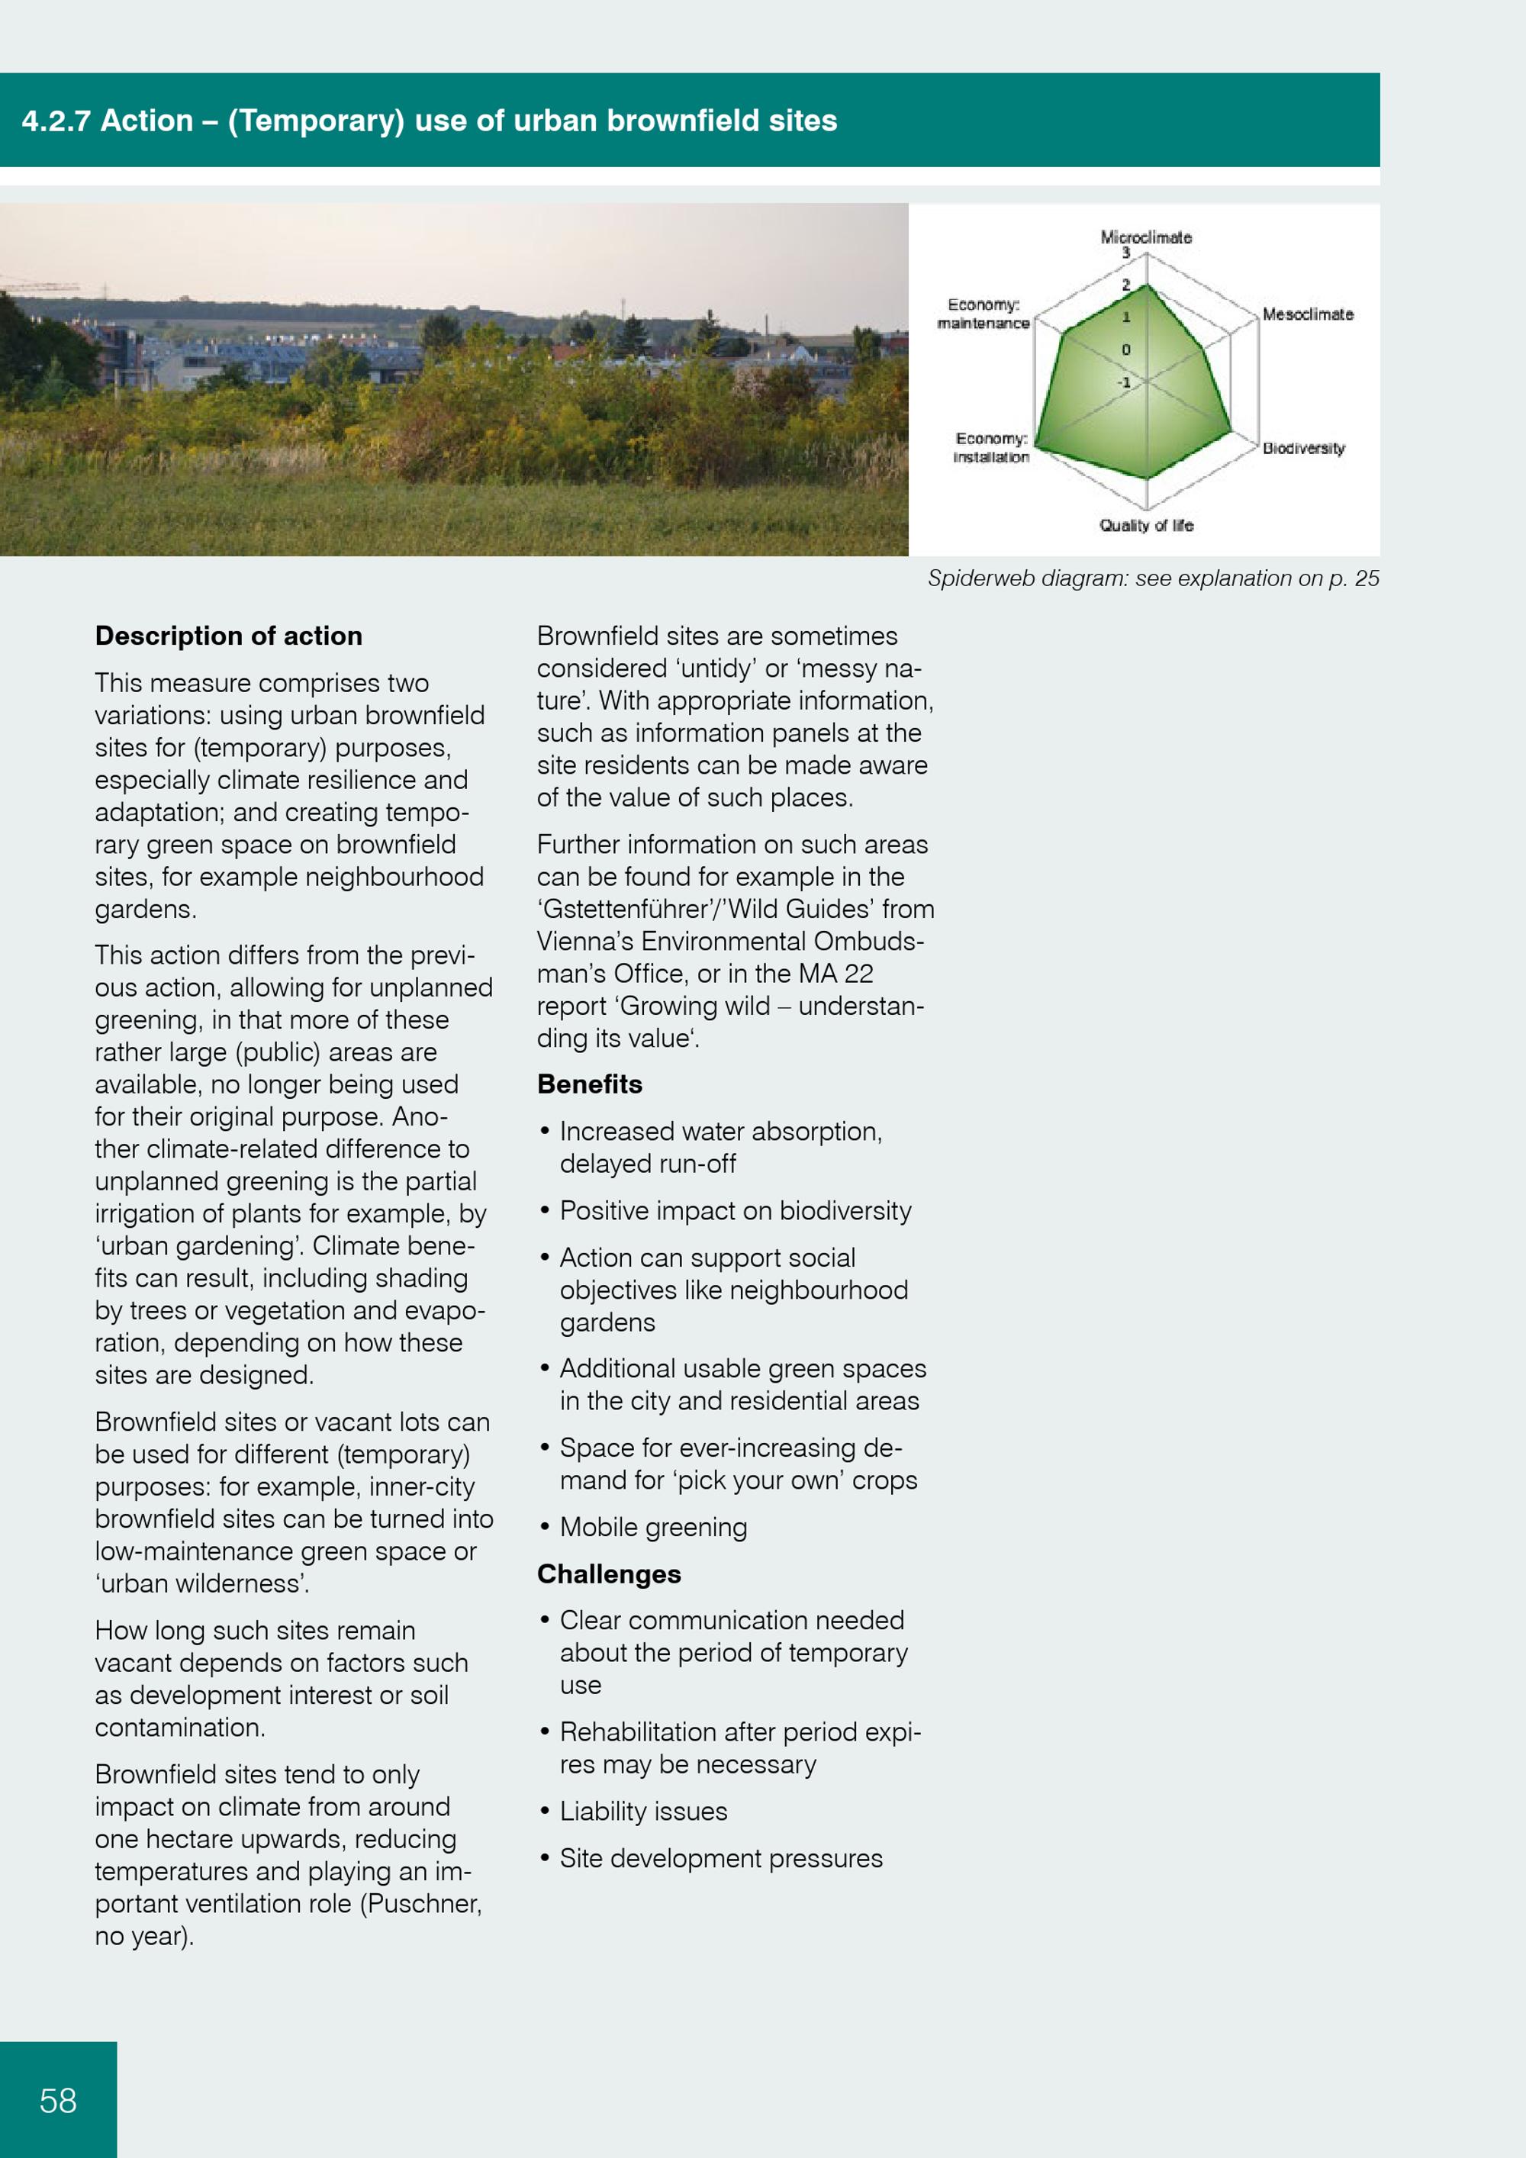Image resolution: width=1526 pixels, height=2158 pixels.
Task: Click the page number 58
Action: click(x=58, y=2100)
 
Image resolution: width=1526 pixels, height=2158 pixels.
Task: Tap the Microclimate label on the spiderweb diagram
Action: click(x=1145, y=237)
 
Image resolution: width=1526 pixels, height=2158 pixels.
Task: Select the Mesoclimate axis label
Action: click(x=1307, y=314)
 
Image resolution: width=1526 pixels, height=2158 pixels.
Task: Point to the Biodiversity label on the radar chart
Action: click(x=1303, y=449)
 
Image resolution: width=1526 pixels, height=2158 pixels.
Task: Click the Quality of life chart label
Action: click(x=1146, y=526)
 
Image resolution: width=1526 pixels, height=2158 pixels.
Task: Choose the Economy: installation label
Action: click(x=991, y=447)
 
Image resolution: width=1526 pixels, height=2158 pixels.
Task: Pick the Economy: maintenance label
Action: click(x=983, y=314)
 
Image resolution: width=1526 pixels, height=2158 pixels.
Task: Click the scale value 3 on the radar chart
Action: click(x=1125, y=253)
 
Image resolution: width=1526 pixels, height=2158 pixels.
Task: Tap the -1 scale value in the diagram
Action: click(x=1124, y=382)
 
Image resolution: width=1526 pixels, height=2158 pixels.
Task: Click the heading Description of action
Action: click(x=228, y=636)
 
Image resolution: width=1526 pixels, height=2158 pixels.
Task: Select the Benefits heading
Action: click(x=589, y=1084)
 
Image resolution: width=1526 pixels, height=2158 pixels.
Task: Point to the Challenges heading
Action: click(x=609, y=1574)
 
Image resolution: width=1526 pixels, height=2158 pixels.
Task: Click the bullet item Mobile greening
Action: click(x=653, y=1528)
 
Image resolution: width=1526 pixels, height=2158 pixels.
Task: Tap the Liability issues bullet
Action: click(x=644, y=1812)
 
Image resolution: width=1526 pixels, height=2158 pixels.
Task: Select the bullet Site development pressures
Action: click(x=721, y=1858)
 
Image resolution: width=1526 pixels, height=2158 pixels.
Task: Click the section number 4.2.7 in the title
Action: click(x=56, y=121)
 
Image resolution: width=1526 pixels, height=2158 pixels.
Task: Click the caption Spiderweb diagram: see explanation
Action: click(x=1153, y=578)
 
